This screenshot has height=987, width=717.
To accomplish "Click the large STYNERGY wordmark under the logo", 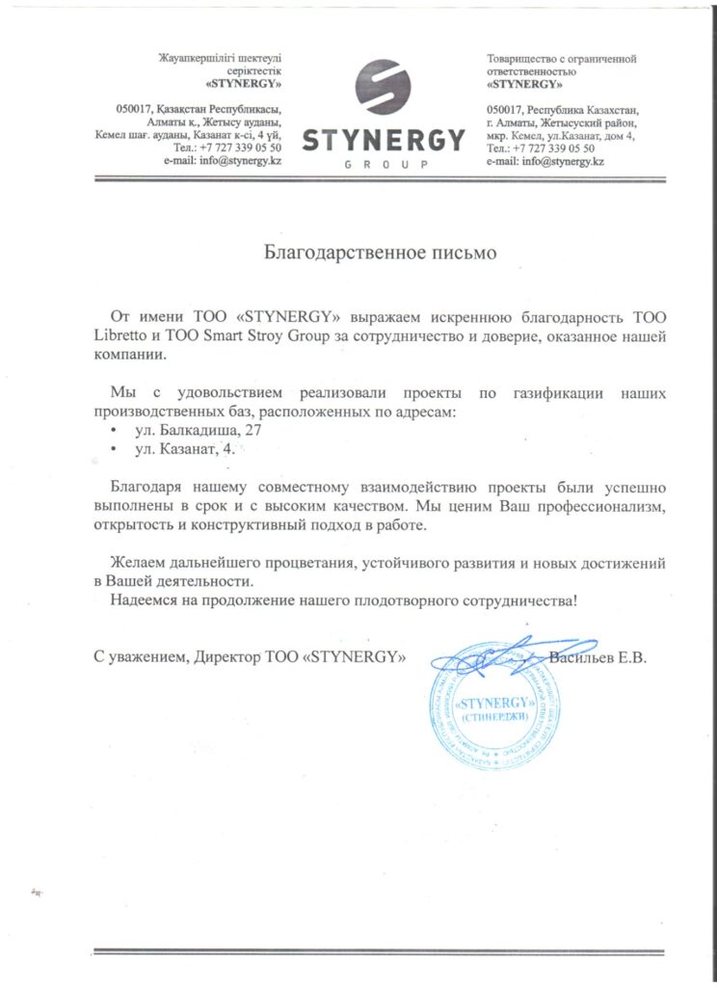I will pos(384,142).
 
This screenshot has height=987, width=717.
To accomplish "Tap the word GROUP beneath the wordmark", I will pos(385,166).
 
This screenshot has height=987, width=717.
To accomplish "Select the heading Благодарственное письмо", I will pos(380,254).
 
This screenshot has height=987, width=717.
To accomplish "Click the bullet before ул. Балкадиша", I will pos(115,431).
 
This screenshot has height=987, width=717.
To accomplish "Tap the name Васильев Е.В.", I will pos(597,658).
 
